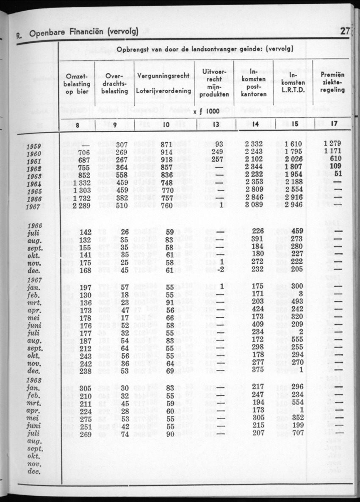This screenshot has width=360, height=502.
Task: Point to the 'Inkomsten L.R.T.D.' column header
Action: [x=294, y=83]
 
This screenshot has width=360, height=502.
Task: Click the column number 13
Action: [x=214, y=124]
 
